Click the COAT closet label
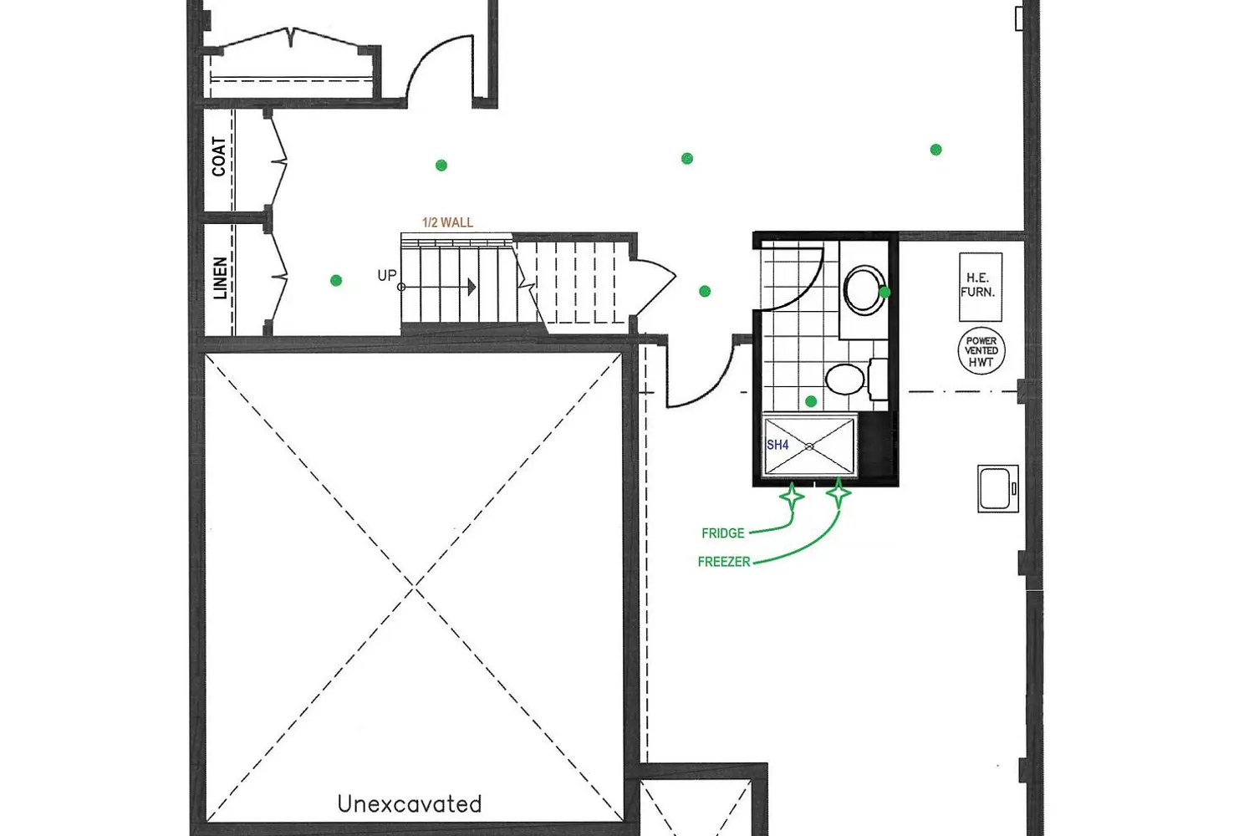pyautogui.click(x=219, y=156)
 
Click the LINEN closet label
pyautogui.click(x=221, y=278)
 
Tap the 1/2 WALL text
pyautogui.click(x=447, y=222)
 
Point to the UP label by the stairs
pyautogui.click(x=387, y=276)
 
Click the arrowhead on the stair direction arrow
pyautogui.click(x=472, y=288)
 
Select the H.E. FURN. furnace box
pyautogui.click(x=981, y=287)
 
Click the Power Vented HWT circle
pyautogui.click(x=981, y=351)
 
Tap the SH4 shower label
pyautogui.click(x=777, y=445)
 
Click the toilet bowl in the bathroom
pyautogui.click(x=844, y=379)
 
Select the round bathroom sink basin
pyautogui.click(x=864, y=289)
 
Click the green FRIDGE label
pyautogui.click(x=723, y=533)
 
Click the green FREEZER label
pyautogui.click(x=724, y=562)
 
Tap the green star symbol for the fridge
pyautogui.click(x=793, y=496)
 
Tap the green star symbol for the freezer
pyautogui.click(x=838, y=493)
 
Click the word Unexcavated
pyautogui.click(x=410, y=804)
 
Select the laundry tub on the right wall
pyautogui.click(x=997, y=488)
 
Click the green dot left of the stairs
pyautogui.click(x=336, y=281)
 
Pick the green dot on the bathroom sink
pyautogui.click(x=884, y=292)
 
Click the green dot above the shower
pyautogui.click(x=811, y=401)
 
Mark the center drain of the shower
pyautogui.click(x=809, y=446)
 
